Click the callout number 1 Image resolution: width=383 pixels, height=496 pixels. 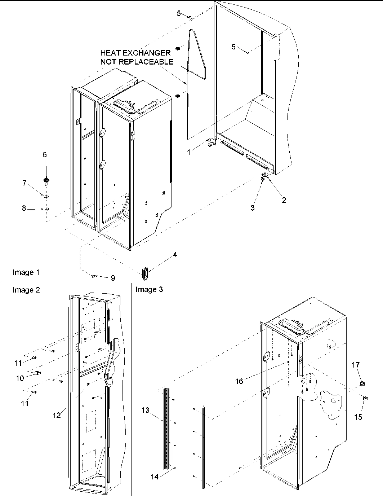pyautogui.click(x=188, y=153)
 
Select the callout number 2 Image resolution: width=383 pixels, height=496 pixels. pyautogui.click(x=284, y=200)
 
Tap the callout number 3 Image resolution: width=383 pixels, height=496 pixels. pyautogui.click(x=253, y=208)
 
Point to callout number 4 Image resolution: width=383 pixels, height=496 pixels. pyautogui.click(x=175, y=255)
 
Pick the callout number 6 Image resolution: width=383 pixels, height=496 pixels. pyautogui.click(x=45, y=155)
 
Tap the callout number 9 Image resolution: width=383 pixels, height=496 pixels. pyautogui.click(x=113, y=278)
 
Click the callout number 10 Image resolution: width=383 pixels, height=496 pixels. pyautogui.click(x=20, y=378)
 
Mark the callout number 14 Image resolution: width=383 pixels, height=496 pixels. pyautogui.click(x=154, y=477)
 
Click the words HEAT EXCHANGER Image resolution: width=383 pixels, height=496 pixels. pyautogui.click(x=135, y=53)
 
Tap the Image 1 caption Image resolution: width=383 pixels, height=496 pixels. pyautogui.click(x=26, y=272)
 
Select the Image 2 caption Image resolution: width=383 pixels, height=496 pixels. pyautogui.click(x=26, y=290)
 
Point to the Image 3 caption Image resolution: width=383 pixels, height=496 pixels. pyautogui.click(x=149, y=289)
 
